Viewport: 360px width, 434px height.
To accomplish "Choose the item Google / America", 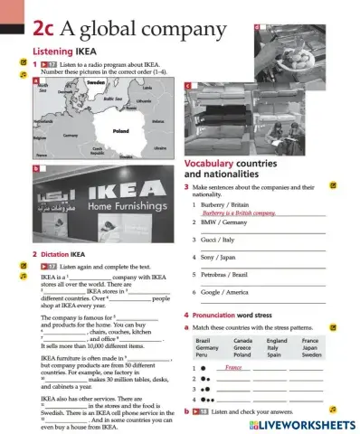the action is click(x=225, y=292).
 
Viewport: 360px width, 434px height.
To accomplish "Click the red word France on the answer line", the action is click(x=233, y=368).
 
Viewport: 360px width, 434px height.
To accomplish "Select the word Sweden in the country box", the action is click(x=311, y=354).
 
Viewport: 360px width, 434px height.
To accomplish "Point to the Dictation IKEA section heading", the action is click(x=62, y=254).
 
